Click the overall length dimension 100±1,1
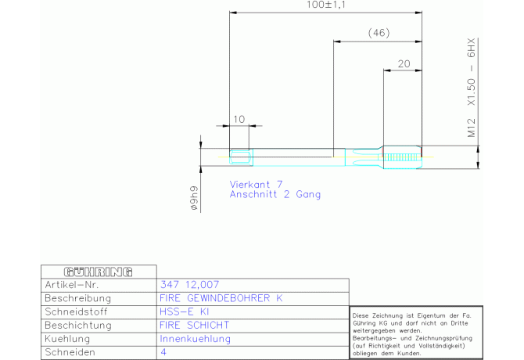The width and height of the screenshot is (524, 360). pos(326,5)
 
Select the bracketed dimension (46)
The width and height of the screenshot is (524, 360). pos(379,33)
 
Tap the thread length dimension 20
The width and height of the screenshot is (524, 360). pos(404,63)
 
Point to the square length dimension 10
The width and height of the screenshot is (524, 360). pos(239,119)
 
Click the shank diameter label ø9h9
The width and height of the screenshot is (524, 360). pos(194,198)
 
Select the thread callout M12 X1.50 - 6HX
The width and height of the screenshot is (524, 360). pos(471,88)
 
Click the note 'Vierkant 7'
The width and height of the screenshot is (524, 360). pos(256,184)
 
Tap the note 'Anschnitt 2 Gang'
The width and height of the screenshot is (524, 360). pos(275,194)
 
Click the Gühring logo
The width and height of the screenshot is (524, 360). pos(99,272)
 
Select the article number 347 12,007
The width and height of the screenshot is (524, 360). pos(189,284)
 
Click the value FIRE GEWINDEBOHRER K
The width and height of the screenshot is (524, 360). pos(221,298)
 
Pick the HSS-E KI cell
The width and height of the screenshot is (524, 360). pos(184,311)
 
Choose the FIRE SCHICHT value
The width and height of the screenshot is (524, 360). pos(195,325)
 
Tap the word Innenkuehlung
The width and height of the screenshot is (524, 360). pos(196,339)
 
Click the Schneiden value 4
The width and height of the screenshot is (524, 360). pos(163,352)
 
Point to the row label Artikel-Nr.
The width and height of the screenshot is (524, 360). pos(71,285)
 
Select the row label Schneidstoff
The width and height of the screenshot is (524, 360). pos(76,311)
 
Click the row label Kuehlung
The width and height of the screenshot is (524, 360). pos(67,339)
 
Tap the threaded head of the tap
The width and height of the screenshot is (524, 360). pos(402,157)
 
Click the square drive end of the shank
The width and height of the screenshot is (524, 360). pos(241,157)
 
